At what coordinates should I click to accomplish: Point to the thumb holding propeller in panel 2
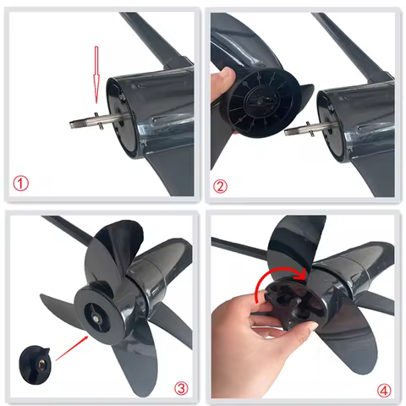tap(225, 85)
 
